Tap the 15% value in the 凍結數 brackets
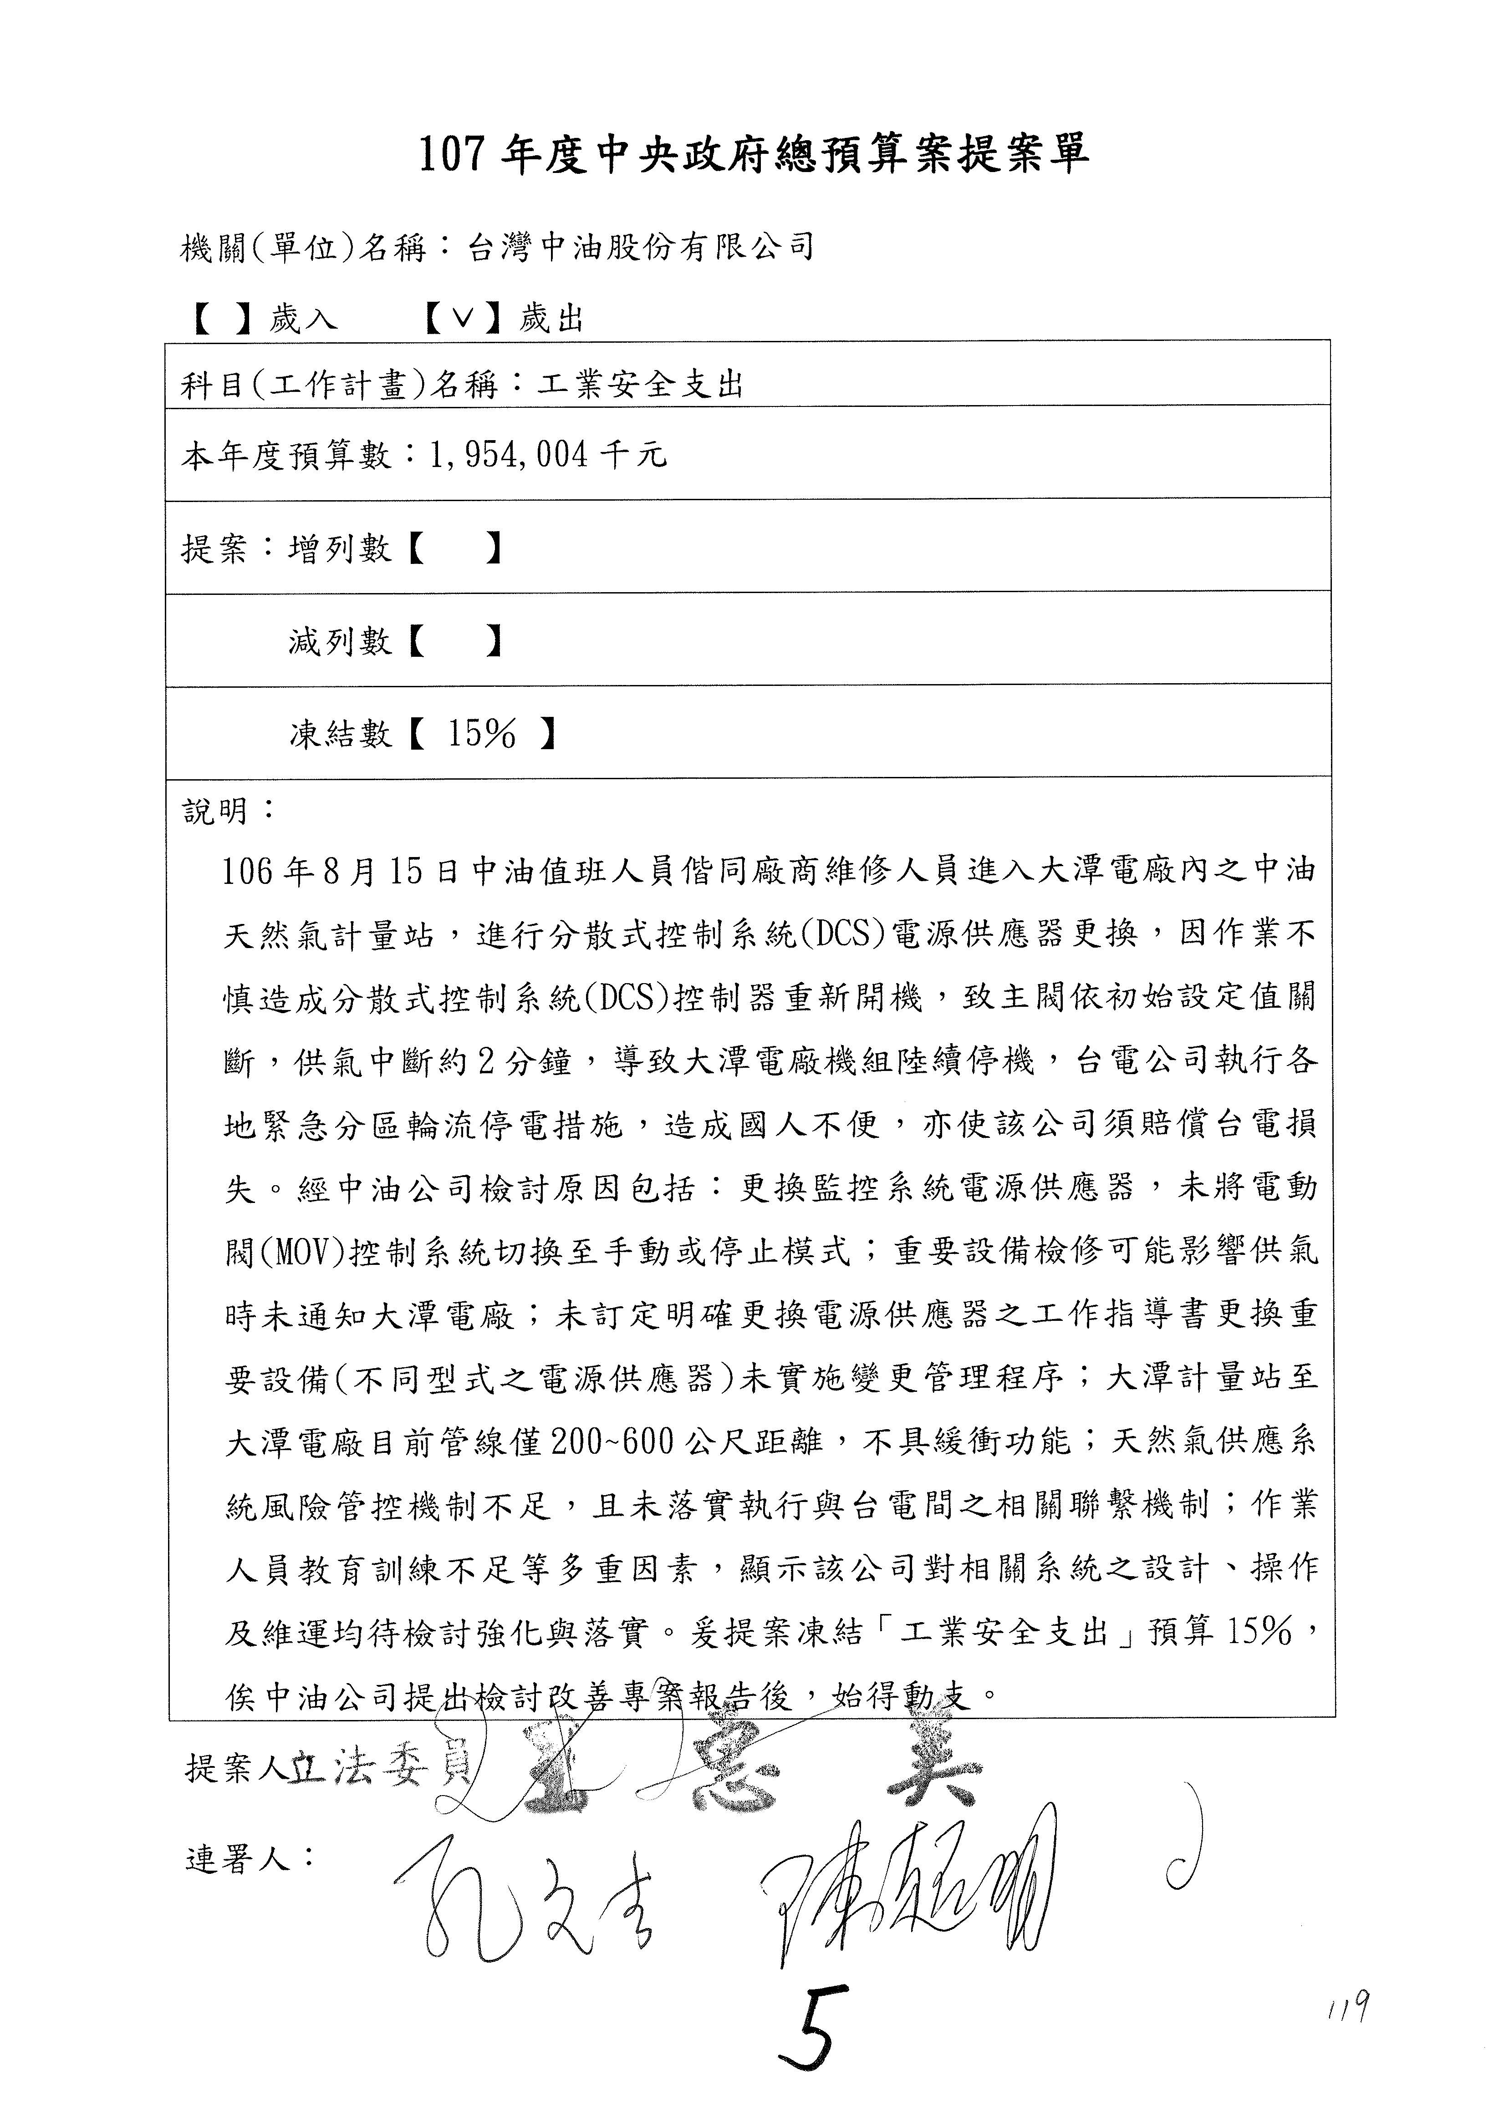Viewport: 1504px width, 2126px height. [x=482, y=734]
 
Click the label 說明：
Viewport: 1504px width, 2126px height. [x=228, y=811]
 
